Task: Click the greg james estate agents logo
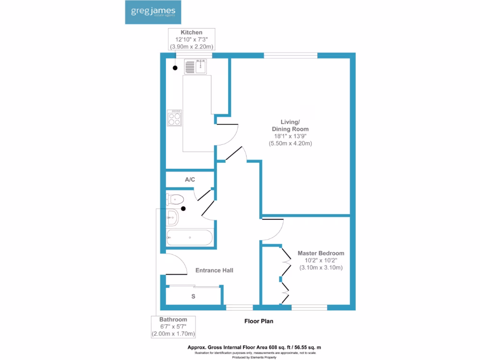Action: tap(153, 12)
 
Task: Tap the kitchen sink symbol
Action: tap(196, 67)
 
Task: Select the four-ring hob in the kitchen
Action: tap(174, 117)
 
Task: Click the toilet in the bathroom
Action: tap(174, 199)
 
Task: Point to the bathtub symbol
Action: tap(190, 238)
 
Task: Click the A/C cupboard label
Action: tap(190, 180)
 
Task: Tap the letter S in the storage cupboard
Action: tap(193, 297)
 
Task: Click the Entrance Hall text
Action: tap(214, 270)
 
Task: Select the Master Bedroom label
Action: tap(321, 253)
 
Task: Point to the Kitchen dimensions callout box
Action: tap(192, 39)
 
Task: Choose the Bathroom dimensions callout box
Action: tap(173, 327)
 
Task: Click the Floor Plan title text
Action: tap(258, 321)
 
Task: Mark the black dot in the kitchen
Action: tap(175, 68)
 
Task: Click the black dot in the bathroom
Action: tap(183, 209)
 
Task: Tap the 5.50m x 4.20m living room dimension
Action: tap(290, 143)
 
